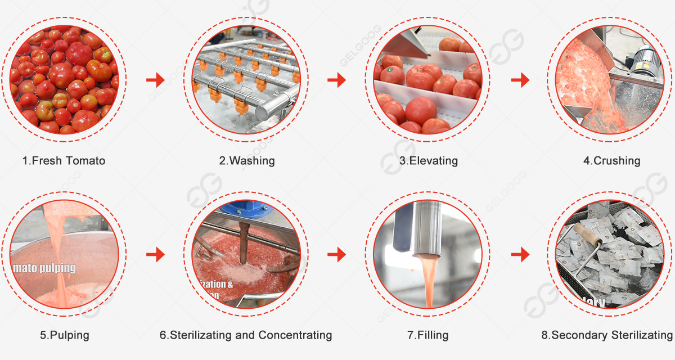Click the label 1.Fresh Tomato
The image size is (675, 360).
[x=64, y=161]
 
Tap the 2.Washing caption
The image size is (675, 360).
[x=247, y=161]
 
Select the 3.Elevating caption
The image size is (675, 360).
[x=429, y=161]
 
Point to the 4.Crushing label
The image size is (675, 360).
[x=612, y=161]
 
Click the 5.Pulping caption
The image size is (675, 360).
[x=64, y=335]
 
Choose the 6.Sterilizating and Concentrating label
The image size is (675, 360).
[x=246, y=335]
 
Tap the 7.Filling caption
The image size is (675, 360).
[x=428, y=335]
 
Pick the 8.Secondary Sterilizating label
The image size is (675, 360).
[x=607, y=335]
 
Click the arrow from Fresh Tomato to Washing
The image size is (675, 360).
[x=155, y=80]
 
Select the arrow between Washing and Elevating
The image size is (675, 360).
[x=337, y=80]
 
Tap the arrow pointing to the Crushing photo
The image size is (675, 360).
[x=520, y=80]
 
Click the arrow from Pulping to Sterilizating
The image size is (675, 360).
[x=155, y=255]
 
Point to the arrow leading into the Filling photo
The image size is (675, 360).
[x=337, y=255]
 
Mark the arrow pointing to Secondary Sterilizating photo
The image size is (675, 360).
[x=520, y=255]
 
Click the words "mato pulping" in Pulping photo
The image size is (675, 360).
[x=44, y=268]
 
